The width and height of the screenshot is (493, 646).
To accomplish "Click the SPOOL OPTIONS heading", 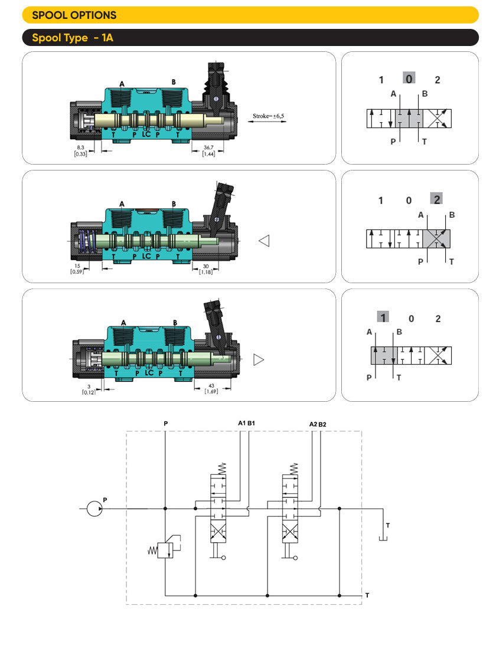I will point(74,15).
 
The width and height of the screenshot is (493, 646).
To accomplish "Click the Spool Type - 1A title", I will point(72,38).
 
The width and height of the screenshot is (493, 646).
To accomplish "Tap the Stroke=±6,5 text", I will point(269,116).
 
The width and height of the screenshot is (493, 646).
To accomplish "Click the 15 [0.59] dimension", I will point(77,268).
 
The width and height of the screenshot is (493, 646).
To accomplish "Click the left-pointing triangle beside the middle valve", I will point(264,241).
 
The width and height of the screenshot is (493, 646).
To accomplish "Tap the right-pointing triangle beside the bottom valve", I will point(258,359).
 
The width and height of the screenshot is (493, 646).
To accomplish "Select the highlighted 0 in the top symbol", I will point(409,78).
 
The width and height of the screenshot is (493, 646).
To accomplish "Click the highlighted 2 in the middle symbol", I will point(437,199).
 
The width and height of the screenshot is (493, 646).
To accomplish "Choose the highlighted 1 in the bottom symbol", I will point(383,317).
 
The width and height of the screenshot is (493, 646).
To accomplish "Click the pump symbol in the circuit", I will point(94,508).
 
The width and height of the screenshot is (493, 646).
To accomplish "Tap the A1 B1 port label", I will point(246,423).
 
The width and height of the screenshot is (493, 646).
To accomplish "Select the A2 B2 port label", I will point(318,424).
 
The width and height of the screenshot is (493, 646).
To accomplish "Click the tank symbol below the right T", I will point(383,538).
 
